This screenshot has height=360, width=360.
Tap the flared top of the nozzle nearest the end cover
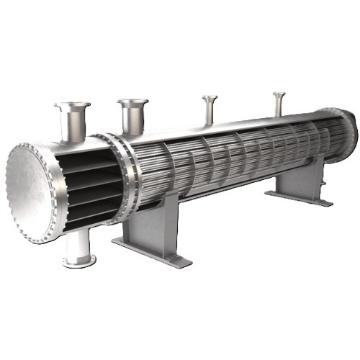[72, 106]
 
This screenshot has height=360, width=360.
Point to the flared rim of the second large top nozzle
[133, 102]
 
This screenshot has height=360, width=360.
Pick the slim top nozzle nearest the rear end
[279, 103]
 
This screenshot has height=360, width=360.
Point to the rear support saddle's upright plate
[300, 179]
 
